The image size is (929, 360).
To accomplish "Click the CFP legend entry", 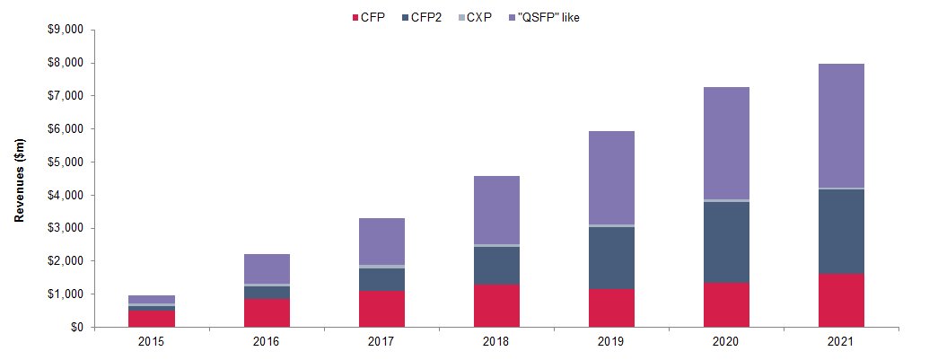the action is tap(368, 18).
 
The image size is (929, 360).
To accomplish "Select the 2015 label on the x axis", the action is tap(152, 342).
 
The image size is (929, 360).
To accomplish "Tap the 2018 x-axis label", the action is tap(496, 342).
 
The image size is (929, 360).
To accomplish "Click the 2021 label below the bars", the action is tap(841, 342).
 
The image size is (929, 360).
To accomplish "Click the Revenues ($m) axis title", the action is tap(20, 179).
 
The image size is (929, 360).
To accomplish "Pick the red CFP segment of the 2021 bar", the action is tap(841, 300).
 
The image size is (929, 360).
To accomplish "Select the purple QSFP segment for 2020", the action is tap(726, 144).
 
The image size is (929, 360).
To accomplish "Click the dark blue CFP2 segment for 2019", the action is tap(611, 259).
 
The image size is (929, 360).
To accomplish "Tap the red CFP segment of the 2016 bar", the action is tap(267, 312).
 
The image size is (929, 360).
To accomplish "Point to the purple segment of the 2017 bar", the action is tap(381, 241).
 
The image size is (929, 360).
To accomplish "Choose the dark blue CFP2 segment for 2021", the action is tap(841, 232).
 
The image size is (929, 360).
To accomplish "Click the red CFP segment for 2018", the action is tap(496, 305).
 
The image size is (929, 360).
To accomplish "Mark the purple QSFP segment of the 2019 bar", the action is tap(611, 178).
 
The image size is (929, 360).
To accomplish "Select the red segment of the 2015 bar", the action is tap(152, 319).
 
